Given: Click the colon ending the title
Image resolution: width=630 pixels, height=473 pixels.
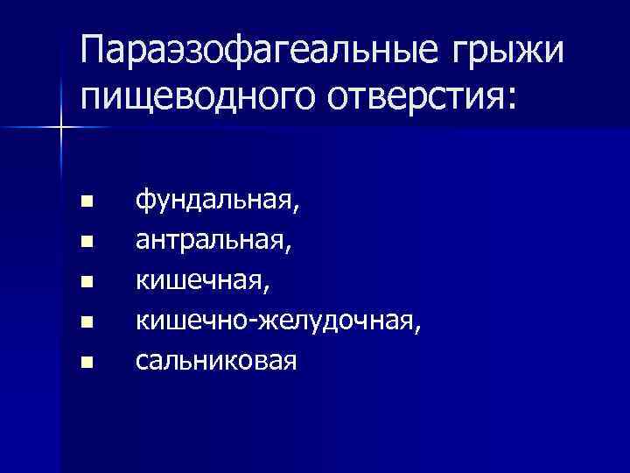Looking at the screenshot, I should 511,97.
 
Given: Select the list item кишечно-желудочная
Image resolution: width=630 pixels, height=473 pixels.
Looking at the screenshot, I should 276,321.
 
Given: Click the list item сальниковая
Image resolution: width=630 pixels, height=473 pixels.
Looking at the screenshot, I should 215,360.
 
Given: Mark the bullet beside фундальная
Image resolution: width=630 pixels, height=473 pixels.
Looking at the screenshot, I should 86,202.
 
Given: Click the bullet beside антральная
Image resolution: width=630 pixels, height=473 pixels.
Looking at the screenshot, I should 86,242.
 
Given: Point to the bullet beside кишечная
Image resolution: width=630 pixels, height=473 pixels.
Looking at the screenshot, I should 86,281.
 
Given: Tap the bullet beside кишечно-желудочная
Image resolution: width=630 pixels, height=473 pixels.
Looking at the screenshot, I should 86,321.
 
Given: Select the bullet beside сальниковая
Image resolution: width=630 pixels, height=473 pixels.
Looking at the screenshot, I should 86,360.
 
